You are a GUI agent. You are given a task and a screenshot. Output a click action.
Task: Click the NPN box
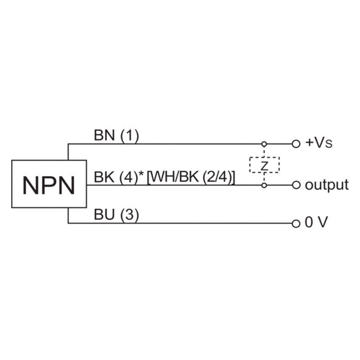coord(49,184)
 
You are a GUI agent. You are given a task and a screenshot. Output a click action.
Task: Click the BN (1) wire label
coord(116,135)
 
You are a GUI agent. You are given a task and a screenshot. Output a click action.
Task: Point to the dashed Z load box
coord(265,165)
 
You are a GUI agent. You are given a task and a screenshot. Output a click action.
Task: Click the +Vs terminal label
coord(319,144)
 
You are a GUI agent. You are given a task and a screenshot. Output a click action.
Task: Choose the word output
coord(327,184)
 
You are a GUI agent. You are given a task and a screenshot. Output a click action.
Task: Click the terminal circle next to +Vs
coord(296,144)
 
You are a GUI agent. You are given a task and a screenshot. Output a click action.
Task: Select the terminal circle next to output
coord(296,185)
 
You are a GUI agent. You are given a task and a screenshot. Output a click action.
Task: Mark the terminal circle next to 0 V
coord(296,223)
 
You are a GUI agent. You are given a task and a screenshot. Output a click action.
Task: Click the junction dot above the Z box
coord(265,144)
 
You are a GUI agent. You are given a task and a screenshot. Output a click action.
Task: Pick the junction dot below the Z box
coord(265,185)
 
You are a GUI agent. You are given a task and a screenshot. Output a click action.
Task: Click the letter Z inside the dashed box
coord(265,165)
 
